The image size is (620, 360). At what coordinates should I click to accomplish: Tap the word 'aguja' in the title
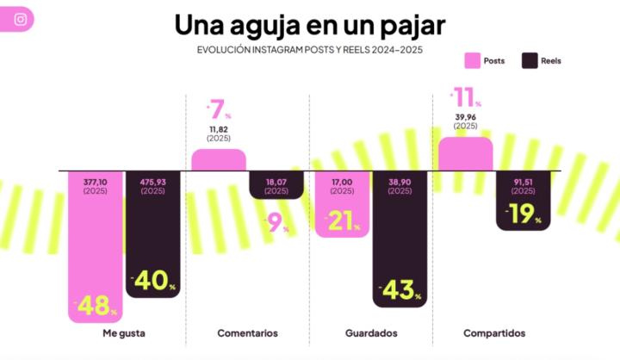[x=255, y=24]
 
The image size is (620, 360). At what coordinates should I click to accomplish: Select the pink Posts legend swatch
[x=473, y=61]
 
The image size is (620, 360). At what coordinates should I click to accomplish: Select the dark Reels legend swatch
[x=529, y=61]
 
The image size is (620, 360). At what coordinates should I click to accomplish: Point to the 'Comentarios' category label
[x=248, y=333]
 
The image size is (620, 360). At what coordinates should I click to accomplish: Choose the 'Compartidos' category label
[x=494, y=333]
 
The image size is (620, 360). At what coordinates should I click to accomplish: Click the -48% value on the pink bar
[x=96, y=305]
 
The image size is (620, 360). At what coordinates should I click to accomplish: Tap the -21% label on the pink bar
[x=342, y=222]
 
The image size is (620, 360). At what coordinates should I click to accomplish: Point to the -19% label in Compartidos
[x=523, y=214]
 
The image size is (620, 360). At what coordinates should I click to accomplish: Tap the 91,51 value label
[x=524, y=183]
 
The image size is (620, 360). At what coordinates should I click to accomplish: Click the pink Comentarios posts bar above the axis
[x=219, y=160]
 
